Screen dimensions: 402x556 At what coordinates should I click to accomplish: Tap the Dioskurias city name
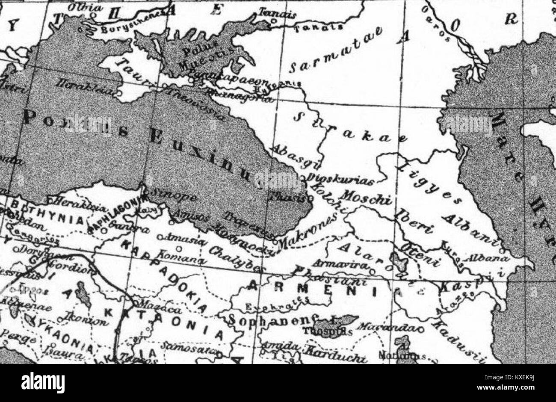tap(340, 178)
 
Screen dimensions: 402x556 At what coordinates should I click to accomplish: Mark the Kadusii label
tap(458, 337)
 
